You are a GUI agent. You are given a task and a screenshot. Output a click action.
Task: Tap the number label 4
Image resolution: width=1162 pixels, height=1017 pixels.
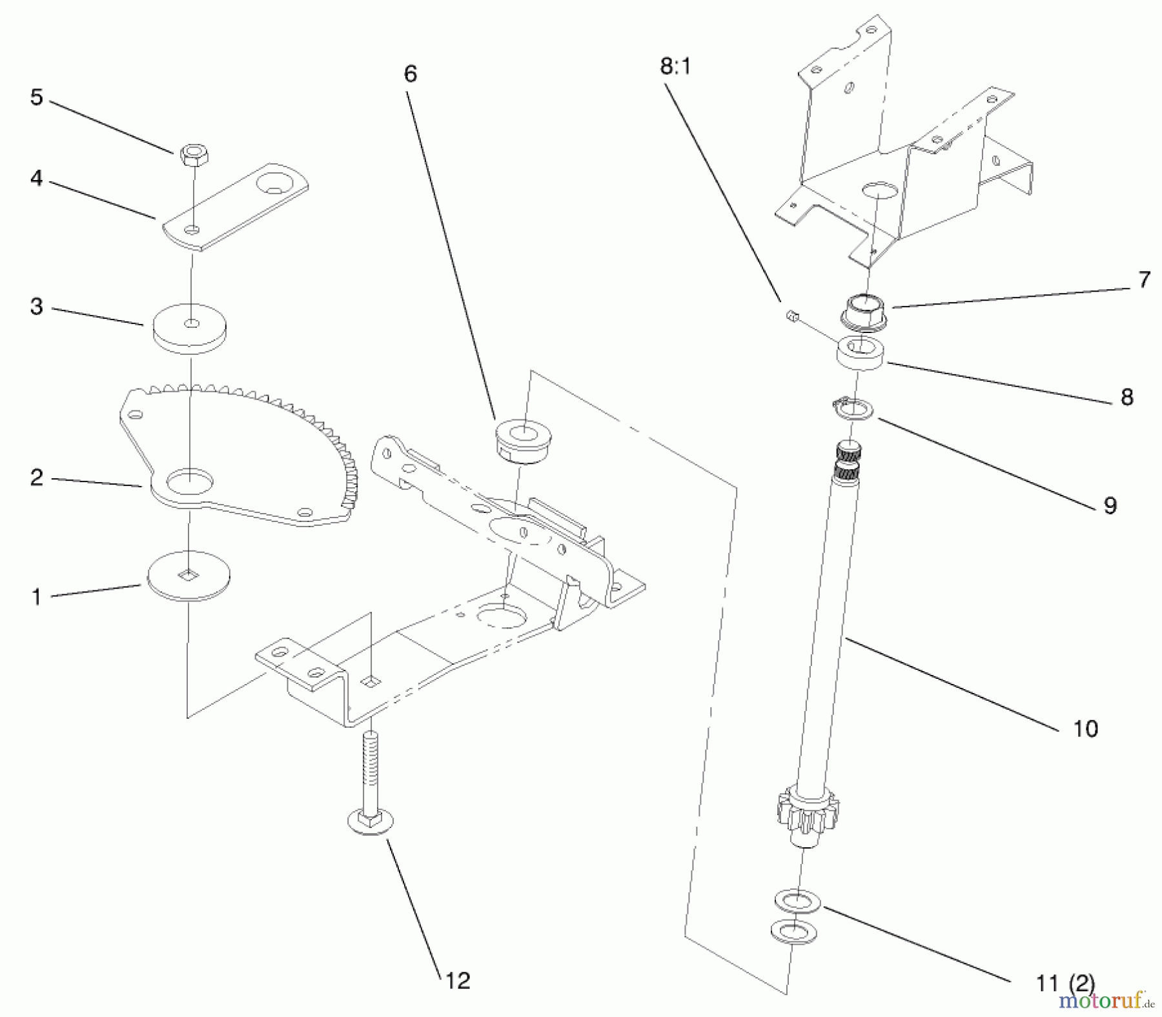coord(37,179)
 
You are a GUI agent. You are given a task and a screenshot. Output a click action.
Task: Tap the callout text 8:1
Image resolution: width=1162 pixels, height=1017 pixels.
coord(675,67)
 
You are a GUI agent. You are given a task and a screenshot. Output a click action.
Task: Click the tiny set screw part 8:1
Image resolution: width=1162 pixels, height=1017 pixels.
coord(791,316)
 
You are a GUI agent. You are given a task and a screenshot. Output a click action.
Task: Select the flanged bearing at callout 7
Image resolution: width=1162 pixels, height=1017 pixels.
coord(864,309)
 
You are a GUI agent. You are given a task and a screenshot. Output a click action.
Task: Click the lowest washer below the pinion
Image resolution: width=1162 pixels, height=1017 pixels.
coord(793,931)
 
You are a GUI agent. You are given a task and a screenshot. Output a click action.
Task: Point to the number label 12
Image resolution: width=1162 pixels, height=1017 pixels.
coord(458,982)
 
